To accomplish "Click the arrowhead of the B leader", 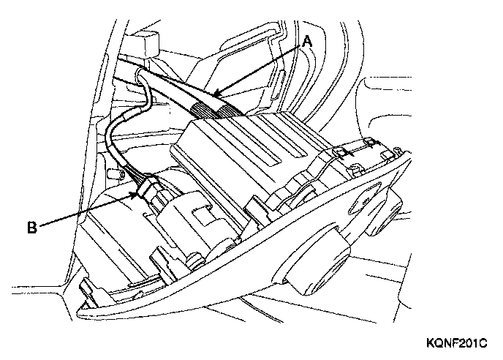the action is tap(137, 193).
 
